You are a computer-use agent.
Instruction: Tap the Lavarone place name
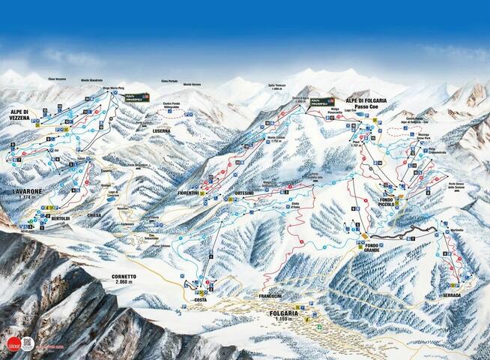click(26, 191)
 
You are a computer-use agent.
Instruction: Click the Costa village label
click(200, 300)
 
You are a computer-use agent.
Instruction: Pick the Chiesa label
click(94, 214)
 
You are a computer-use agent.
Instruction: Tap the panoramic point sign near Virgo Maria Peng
click(136, 97)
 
